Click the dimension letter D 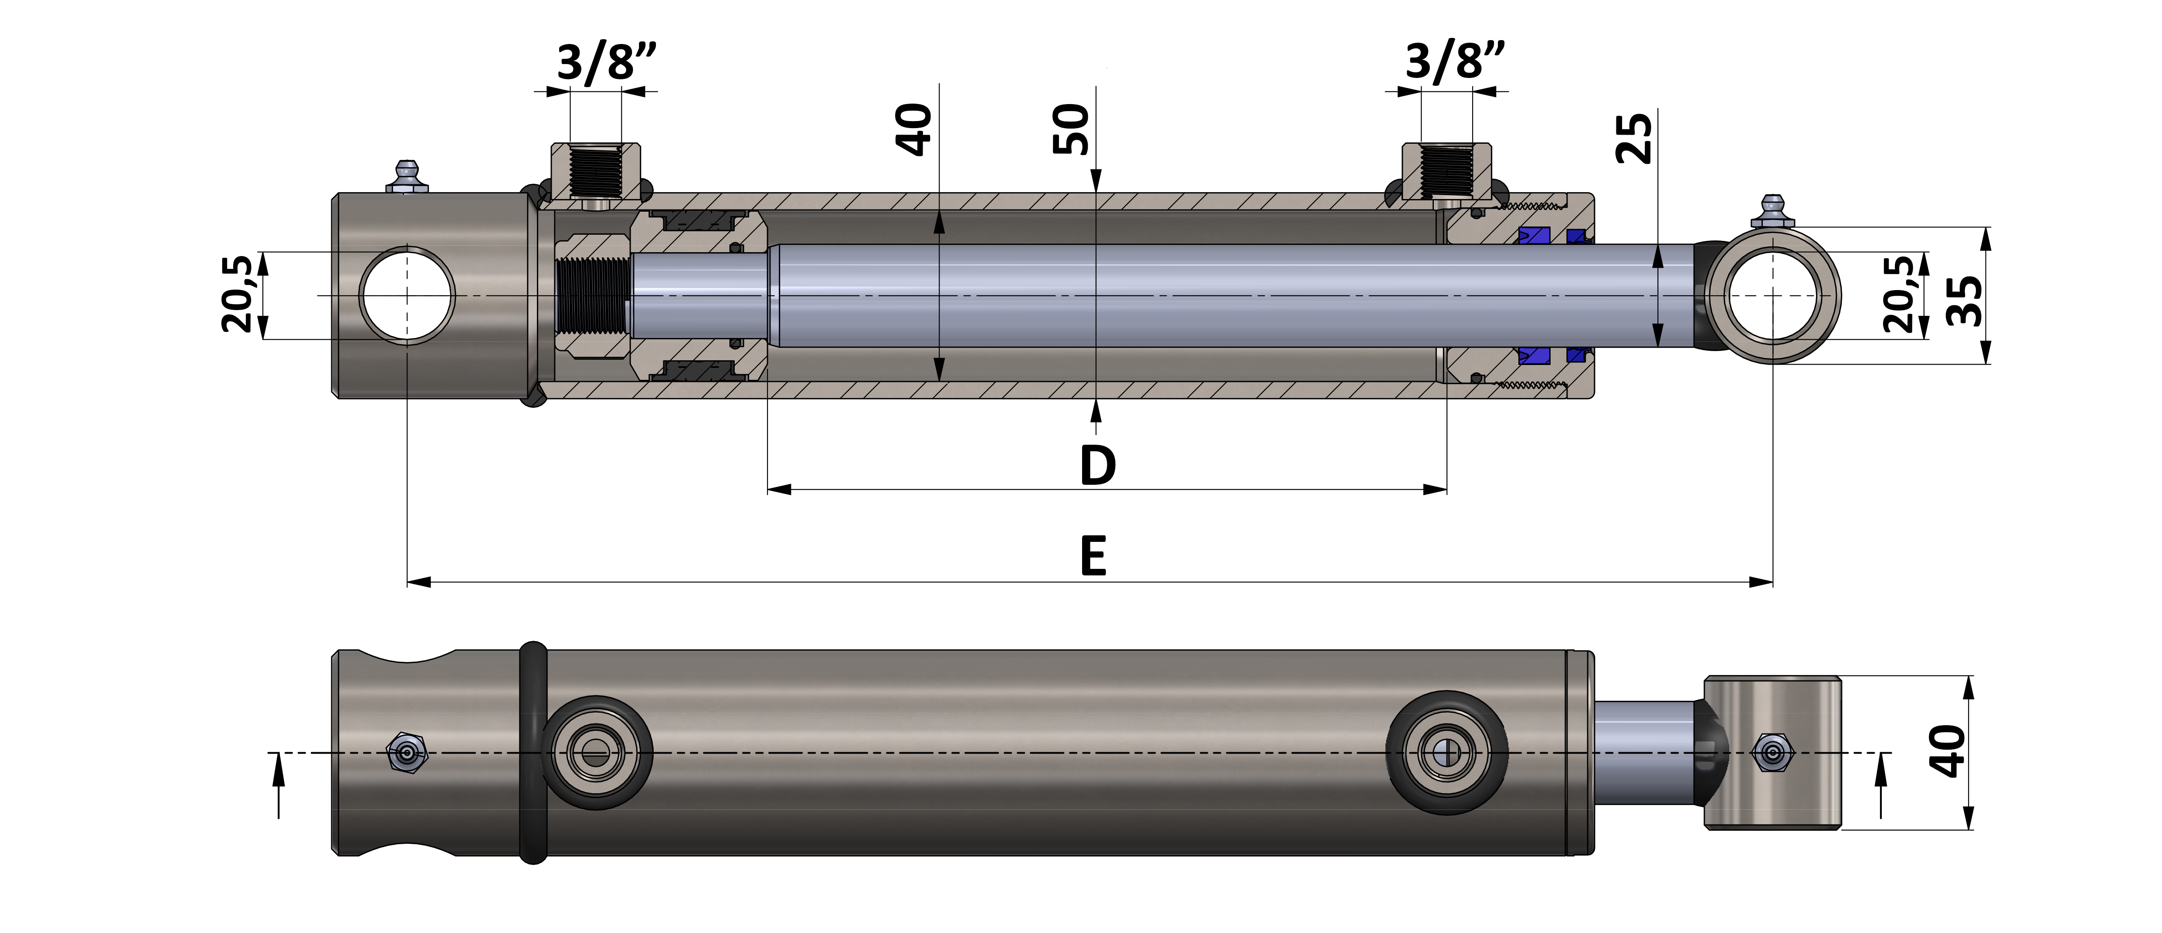tap(1097, 466)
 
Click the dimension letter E tap(1093, 556)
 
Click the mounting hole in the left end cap tap(407, 295)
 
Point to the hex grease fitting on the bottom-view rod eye tap(1772, 752)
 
